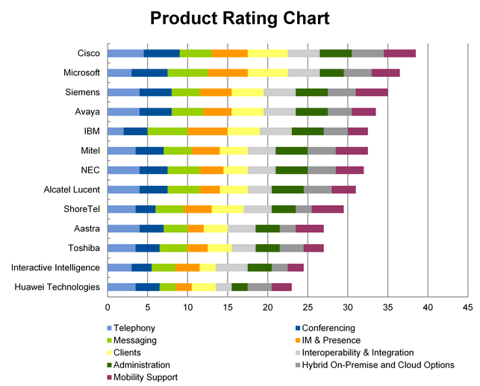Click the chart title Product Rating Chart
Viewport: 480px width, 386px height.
coord(240,18)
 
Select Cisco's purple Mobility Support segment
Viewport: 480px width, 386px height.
coord(399,53)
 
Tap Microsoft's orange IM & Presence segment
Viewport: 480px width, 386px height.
coord(227,72)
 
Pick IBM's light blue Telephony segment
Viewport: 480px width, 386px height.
coord(116,131)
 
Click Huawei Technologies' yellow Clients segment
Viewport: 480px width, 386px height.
coord(204,287)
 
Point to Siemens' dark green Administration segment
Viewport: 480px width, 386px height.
coord(311,92)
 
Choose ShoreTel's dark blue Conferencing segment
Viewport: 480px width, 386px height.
coord(145,209)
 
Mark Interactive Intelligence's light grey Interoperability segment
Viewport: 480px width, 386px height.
coord(231,267)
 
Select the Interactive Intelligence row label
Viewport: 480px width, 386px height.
coord(55,267)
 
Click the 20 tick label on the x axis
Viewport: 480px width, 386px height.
coord(267,307)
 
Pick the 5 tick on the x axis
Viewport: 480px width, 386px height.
coord(148,307)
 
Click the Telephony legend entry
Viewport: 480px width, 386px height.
coord(134,328)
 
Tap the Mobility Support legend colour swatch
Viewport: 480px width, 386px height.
coord(108,377)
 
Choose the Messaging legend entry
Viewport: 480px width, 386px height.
coord(135,340)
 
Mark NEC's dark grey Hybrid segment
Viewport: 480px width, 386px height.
coord(321,169)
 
